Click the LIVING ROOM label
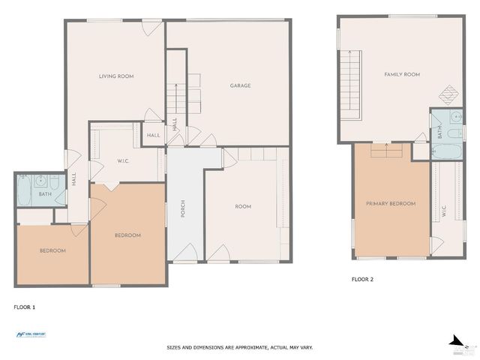pyautogui.click(x=116, y=76)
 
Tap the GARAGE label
pyautogui.click(x=240, y=85)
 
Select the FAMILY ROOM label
pyautogui.click(x=402, y=74)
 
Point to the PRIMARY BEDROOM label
pyautogui.click(x=390, y=203)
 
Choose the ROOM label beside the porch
pyautogui.click(x=242, y=206)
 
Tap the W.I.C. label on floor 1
pyautogui.click(x=125, y=160)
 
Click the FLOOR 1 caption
pyautogui.click(x=25, y=307)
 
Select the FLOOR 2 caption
pyautogui.click(x=362, y=279)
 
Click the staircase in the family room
pyautogui.click(x=350, y=84)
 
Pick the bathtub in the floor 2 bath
pyautogui.click(x=447, y=151)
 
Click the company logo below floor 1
pyautogui.click(x=31, y=334)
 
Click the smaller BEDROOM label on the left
pyautogui.click(x=52, y=250)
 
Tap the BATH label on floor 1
pyautogui.click(x=45, y=194)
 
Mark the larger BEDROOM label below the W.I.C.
pyautogui.click(x=127, y=235)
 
